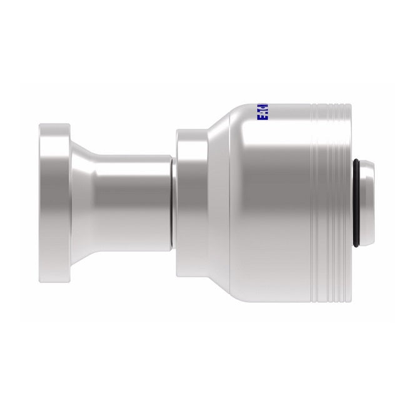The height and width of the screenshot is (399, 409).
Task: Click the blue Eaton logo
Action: click(x=262, y=113)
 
